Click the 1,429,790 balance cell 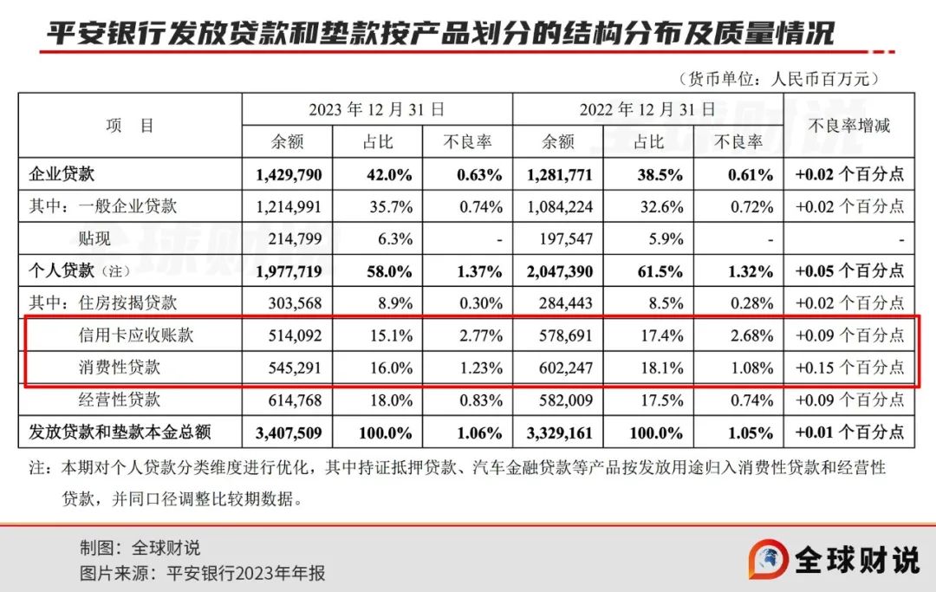289,174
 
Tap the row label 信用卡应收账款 135,335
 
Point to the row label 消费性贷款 120,368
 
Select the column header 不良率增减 849,125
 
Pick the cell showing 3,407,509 289,432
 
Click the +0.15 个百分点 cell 849,368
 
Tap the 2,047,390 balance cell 559,271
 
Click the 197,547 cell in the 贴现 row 560,238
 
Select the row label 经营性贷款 120,400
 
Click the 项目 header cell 130,125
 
